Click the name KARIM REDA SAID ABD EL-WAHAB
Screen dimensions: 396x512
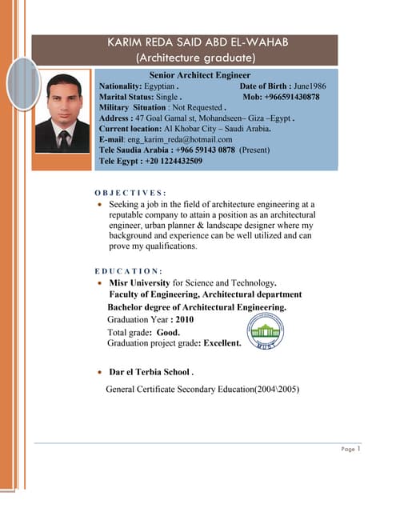coord(195,42)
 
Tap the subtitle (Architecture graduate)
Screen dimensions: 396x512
coord(195,58)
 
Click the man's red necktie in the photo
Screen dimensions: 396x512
coord(63,138)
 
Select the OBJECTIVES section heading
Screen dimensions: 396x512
coord(130,193)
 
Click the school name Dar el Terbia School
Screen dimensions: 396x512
coord(151,372)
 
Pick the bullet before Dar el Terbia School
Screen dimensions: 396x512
coord(98,373)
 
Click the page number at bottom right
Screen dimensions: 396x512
coord(359,449)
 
